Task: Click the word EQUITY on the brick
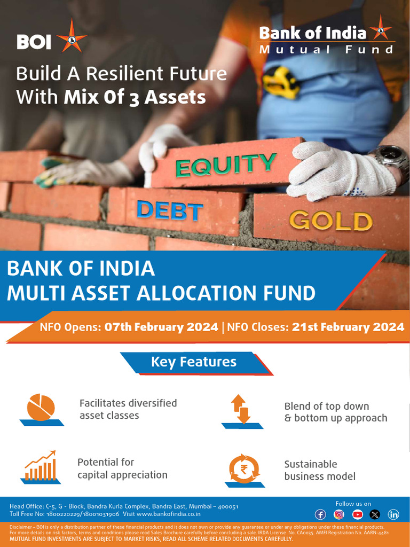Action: tap(226, 164)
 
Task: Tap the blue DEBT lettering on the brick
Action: tap(170, 210)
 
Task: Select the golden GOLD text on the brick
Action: tap(330, 220)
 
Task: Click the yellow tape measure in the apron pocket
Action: tap(281, 81)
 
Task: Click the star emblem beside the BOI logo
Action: tap(72, 36)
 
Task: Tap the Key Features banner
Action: tap(194, 362)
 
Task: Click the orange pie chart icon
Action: tap(41, 408)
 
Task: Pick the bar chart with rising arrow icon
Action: tap(41, 466)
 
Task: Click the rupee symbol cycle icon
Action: tap(244, 468)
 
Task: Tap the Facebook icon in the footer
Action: tap(320, 514)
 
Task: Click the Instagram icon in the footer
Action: tap(339, 514)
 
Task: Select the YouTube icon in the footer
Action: tap(357, 514)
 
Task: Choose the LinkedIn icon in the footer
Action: tap(393, 514)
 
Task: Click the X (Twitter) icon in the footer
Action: tap(375, 514)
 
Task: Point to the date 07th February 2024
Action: tap(161, 327)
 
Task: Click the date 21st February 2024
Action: tap(348, 327)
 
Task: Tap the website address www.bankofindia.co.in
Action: tap(169, 514)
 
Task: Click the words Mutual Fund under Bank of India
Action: tap(326, 50)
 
